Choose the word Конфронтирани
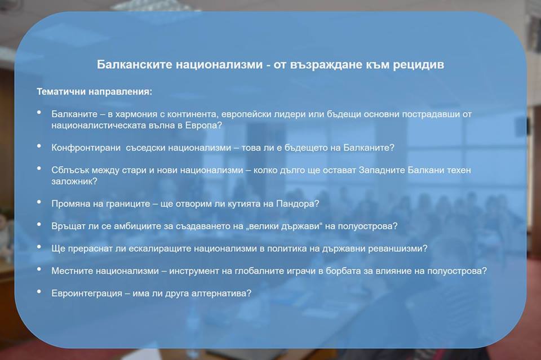(86, 148)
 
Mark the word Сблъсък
(70, 170)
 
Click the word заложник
(72, 181)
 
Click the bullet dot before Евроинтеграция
(39, 292)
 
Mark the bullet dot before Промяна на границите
(39, 202)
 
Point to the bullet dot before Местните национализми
(39, 269)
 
